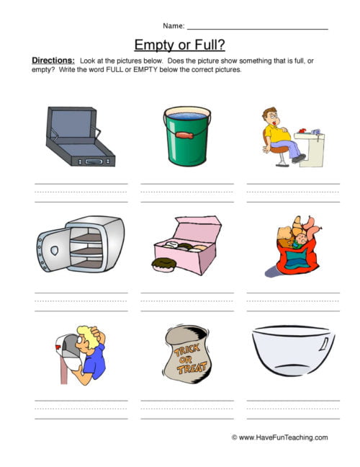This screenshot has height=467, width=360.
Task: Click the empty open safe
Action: [x=79, y=246]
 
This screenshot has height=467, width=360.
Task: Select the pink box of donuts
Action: [x=189, y=245]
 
